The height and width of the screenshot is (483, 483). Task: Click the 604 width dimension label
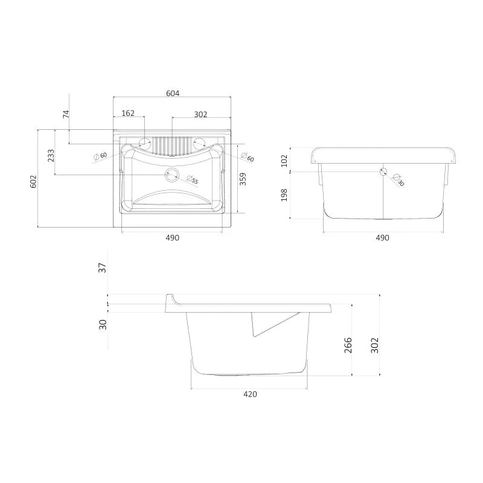coord(173,93)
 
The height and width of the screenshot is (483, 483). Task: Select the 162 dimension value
coord(128,113)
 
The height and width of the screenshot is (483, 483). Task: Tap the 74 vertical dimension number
coord(66,114)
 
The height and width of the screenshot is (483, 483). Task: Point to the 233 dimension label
coord(51,156)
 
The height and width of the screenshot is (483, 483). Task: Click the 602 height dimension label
coord(33,182)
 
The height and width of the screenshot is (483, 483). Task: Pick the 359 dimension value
coord(243,179)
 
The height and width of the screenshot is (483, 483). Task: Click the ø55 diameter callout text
coord(193,179)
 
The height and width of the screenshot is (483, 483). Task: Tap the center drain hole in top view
coord(172,174)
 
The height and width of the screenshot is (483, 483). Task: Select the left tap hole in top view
coord(144,143)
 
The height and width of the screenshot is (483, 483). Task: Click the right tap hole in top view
coord(199,143)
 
